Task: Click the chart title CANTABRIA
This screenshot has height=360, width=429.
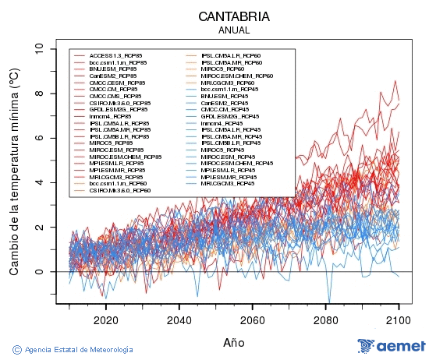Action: (234, 16)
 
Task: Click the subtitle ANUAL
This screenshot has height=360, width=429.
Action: (234, 30)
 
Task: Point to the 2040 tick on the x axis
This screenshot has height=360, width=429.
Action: (179, 319)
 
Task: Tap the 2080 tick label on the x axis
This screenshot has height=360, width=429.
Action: (326, 319)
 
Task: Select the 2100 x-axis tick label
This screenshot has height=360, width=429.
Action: (399, 319)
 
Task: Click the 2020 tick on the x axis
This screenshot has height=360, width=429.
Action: (106, 319)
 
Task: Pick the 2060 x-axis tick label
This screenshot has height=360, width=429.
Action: (253, 319)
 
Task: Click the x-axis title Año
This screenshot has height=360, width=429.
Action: (234, 341)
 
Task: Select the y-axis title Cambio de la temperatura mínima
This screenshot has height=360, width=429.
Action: (13, 171)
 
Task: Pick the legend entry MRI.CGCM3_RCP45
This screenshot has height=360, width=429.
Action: (226, 183)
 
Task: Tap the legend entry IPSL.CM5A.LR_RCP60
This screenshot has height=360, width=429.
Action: (229, 55)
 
